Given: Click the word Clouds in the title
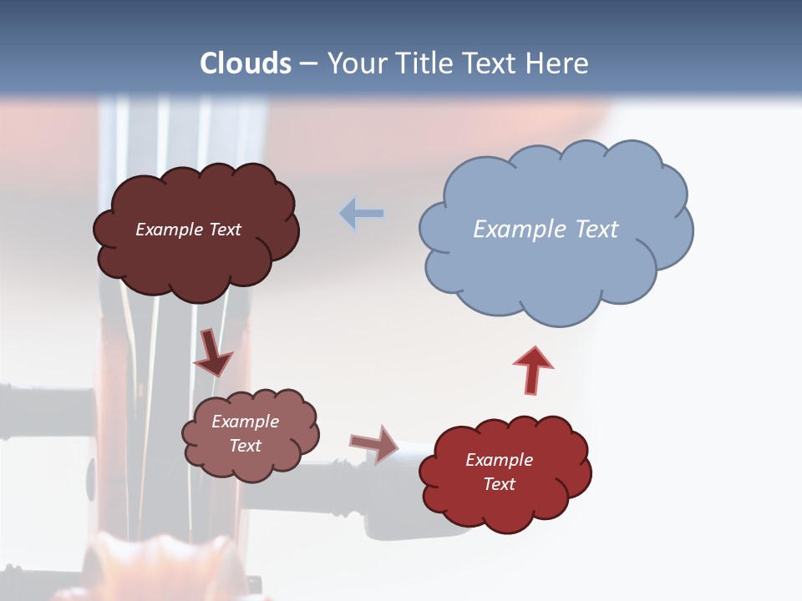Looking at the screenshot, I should pos(246,63).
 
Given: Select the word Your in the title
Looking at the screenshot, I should pos(356,63).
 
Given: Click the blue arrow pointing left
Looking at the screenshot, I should pos(362,214).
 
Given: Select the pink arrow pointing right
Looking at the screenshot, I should pos(374,443).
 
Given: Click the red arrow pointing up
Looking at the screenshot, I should pos(532,370).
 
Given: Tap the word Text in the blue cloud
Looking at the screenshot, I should pos(596,229).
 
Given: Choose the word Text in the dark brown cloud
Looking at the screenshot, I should pos(224,230).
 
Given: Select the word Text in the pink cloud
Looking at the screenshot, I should pos(246,446).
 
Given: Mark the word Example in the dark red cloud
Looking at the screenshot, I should pos(499,460).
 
